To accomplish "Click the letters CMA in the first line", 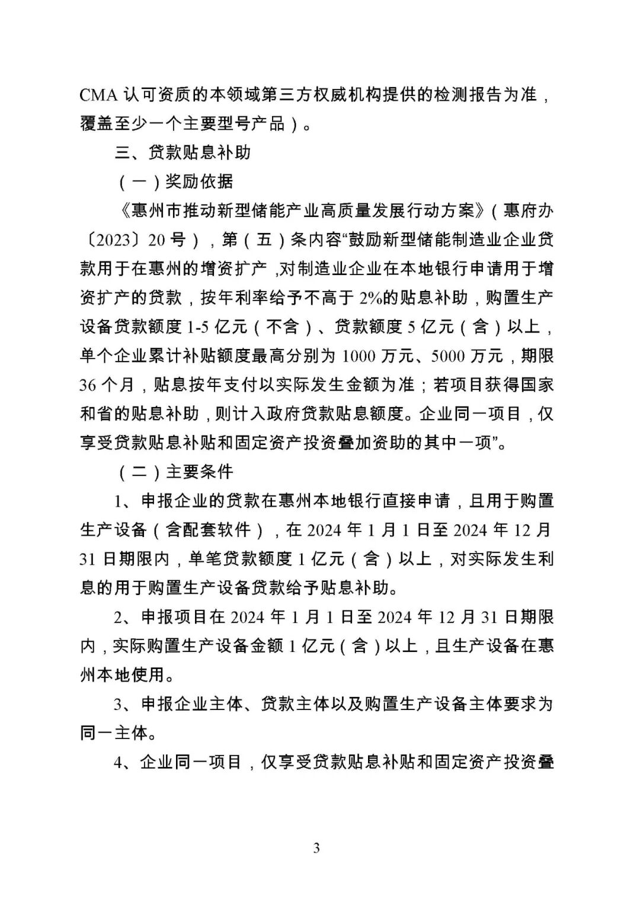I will click(98, 95).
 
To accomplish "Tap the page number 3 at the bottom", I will click(316, 848).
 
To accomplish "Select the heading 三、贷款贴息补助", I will click(183, 152).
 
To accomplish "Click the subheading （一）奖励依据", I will click(176, 181).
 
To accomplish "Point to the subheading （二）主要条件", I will click(176, 471).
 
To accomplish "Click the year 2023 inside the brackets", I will click(113, 240).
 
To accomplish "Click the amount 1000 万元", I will click(375, 356).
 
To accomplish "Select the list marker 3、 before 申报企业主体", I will click(125, 704).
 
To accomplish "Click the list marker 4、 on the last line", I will click(125, 762).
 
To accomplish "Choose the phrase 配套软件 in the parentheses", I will click(216, 529).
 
